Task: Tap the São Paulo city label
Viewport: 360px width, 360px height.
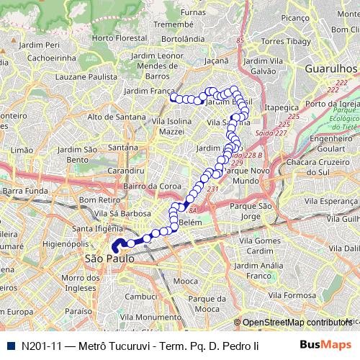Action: pyautogui.click(x=109, y=258)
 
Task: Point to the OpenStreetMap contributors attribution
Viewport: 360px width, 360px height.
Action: pyautogui.click(x=296, y=323)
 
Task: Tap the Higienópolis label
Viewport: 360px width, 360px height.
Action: pyautogui.click(x=65, y=243)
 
